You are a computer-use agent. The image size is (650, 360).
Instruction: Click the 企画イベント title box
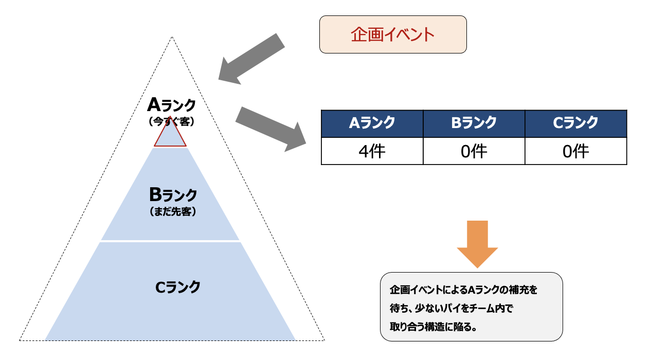click(x=393, y=34)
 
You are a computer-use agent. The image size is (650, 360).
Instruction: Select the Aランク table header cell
click(x=372, y=123)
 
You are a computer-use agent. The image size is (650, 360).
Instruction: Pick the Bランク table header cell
click(x=474, y=123)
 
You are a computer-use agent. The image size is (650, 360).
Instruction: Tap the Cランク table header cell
click(x=576, y=123)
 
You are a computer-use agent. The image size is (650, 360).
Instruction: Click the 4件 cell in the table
click(x=372, y=151)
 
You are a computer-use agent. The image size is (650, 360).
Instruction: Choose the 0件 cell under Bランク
click(x=474, y=151)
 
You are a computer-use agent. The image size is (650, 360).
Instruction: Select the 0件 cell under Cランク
click(x=576, y=151)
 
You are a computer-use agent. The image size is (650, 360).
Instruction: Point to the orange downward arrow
click(x=477, y=244)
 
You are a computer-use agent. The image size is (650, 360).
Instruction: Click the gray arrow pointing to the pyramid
click(x=251, y=59)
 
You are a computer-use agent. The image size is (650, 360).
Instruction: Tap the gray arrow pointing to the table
click(x=270, y=129)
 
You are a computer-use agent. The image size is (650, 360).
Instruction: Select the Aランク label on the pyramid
click(x=171, y=105)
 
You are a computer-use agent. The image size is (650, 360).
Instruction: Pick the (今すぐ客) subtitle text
click(x=171, y=121)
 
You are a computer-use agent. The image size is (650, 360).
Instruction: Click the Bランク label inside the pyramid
click(x=173, y=194)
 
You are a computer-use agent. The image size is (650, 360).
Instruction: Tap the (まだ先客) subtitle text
click(x=173, y=211)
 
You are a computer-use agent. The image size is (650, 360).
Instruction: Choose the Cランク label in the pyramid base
click(x=178, y=287)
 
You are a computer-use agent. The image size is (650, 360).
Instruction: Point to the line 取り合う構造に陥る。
click(x=433, y=327)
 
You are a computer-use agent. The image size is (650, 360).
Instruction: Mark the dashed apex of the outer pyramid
click(x=172, y=37)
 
